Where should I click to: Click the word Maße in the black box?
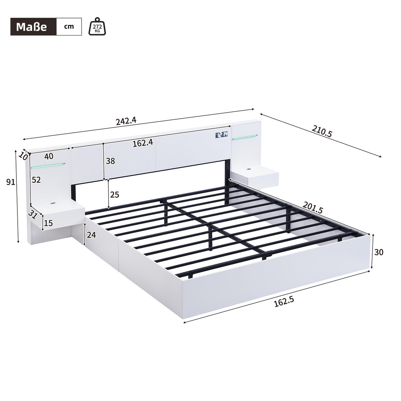point(32,27)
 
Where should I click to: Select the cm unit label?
point(69,27)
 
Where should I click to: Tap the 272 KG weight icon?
point(97,26)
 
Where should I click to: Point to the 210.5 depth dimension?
point(322,131)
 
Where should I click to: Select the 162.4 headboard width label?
point(143,143)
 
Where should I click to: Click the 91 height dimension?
point(11,182)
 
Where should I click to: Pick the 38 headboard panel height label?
point(110,161)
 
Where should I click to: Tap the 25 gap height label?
point(115,194)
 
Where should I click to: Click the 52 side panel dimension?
point(36,180)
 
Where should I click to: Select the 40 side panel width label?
point(49,156)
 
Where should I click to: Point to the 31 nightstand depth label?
point(32,215)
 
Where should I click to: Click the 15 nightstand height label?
point(49,223)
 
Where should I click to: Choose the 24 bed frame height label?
point(91,235)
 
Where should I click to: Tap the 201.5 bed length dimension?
point(313,208)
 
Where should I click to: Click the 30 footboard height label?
point(379,252)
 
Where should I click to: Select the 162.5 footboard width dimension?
point(283,302)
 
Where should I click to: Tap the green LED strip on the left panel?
point(48,165)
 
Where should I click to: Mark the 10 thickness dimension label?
point(23,155)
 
